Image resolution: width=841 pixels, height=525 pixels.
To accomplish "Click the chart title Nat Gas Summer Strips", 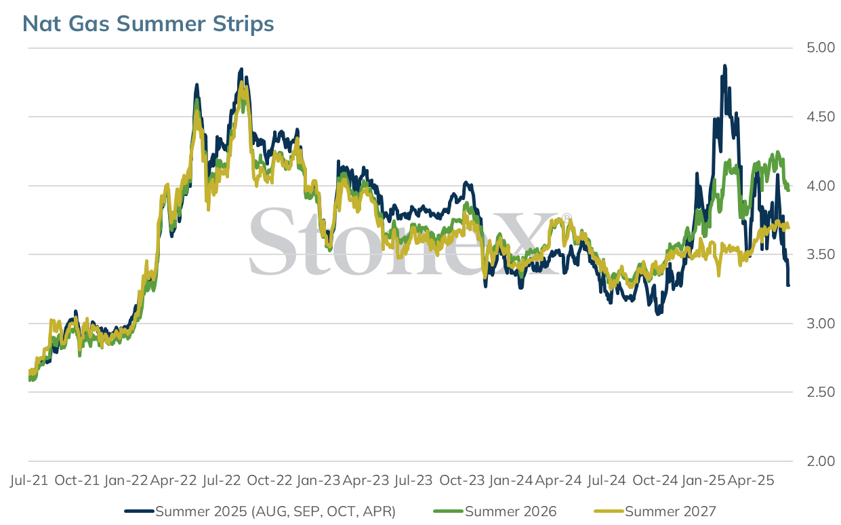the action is [x=148, y=24].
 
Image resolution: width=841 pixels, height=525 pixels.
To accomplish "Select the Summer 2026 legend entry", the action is [x=495, y=511].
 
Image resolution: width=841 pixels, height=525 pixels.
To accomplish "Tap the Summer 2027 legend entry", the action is [x=655, y=511].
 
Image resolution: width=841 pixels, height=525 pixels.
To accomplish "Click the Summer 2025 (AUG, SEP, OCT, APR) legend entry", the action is [x=260, y=511].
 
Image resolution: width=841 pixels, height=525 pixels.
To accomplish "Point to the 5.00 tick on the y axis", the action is [x=821, y=47].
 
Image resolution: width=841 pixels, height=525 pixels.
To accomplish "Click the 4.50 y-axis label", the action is [x=821, y=117].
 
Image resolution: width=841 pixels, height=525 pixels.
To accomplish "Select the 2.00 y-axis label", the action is [x=821, y=461].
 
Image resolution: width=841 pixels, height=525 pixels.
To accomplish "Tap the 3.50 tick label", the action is [x=821, y=254].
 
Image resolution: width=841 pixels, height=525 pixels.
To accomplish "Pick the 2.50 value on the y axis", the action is [x=821, y=392].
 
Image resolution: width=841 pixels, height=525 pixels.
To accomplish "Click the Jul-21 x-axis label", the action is [x=29, y=480].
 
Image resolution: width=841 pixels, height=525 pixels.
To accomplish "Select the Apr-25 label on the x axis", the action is [x=750, y=480].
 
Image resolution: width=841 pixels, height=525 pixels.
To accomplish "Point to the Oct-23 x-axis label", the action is [x=462, y=480].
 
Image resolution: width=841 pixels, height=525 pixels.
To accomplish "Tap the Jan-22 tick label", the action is [x=126, y=480].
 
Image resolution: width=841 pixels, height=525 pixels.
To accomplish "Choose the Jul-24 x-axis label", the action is [x=607, y=480].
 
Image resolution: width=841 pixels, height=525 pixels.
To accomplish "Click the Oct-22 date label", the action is [x=270, y=480].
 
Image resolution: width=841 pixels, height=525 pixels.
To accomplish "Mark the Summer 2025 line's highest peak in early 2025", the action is [x=724, y=66].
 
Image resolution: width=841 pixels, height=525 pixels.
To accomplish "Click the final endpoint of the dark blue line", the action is [x=788, y=286].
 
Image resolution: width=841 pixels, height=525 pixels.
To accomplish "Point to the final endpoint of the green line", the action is [x=788, y=189].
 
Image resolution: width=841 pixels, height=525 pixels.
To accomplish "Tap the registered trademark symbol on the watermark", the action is [x=567, y=218].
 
